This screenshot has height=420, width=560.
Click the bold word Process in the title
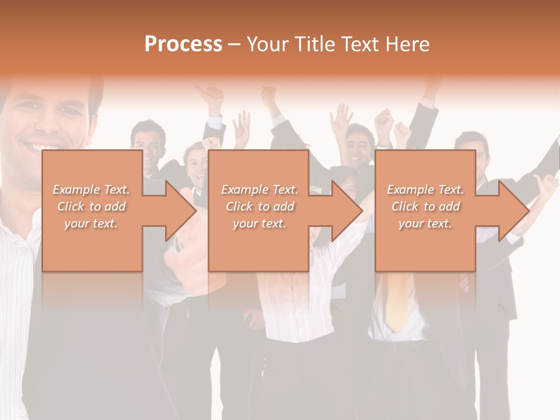point(183,44)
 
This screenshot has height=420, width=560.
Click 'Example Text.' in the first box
point(92,190)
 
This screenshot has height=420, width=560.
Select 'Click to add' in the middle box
point(260,206)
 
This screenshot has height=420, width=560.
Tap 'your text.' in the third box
point(425,223)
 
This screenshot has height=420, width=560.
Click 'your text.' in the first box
point(91,223)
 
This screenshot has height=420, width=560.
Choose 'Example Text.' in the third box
point(425,190)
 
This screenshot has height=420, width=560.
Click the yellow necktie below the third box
point(397,300)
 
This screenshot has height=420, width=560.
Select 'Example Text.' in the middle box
point(260,190)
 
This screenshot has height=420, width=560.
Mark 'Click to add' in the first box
point(92,206)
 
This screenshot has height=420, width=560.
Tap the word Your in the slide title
point(268,44)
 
